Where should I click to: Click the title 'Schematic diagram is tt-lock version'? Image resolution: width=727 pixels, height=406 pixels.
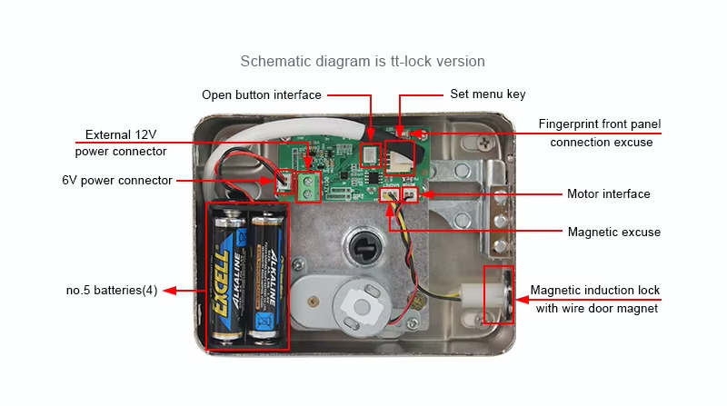tap(363, 62)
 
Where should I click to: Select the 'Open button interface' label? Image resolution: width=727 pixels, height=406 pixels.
tap(261, 94)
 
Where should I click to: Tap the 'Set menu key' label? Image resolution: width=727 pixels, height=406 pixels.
tap(487, 94)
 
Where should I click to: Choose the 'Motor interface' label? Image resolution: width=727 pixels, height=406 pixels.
tap(608, 194)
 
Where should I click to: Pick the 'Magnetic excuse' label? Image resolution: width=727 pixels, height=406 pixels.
tap(613, 233)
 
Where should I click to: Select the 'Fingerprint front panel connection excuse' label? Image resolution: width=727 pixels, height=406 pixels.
tap(601, 133)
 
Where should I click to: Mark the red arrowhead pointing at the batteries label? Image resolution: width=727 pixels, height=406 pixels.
tap(168, 292)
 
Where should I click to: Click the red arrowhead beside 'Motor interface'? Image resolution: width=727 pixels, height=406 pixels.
tap(428, 194)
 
